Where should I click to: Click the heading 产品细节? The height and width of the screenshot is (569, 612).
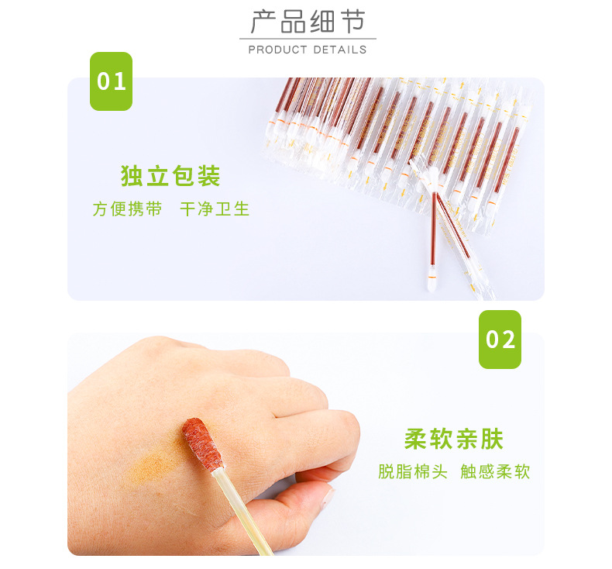[308, 22]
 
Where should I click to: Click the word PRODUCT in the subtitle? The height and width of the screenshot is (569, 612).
[277, 50]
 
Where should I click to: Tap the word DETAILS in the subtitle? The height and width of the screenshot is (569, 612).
[339, 50]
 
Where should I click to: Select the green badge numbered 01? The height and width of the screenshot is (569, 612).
[112, 81]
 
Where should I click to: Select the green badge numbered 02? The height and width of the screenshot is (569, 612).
[500, 340]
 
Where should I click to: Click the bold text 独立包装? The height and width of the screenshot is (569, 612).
[170, 176]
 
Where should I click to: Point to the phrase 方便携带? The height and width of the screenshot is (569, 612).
[127, 209]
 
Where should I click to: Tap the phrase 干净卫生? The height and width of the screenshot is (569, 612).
[215, 209]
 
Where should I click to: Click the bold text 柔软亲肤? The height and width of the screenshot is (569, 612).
[454, 439]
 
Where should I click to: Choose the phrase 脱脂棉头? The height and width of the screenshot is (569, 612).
[413, 471]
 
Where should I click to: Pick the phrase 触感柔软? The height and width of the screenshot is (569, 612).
[495, 471]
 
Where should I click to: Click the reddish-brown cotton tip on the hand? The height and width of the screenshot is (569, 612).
[202, 444]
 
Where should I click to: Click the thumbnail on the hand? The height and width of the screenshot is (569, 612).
[328, 498]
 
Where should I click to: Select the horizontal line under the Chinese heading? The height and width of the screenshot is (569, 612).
[308, 39]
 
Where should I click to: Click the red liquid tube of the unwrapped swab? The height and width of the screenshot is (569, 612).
[433, 229]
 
